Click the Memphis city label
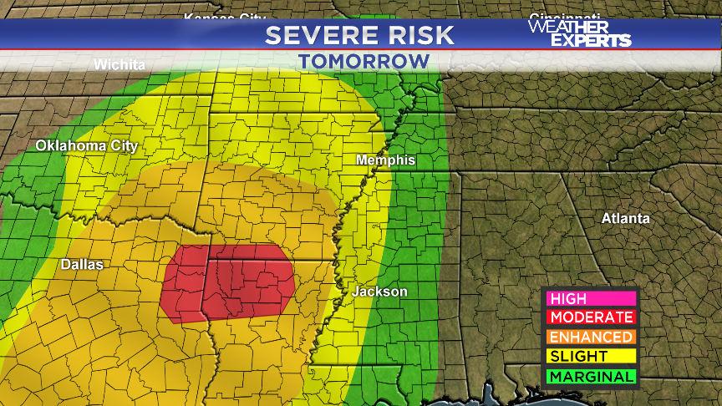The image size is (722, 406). [385, 160]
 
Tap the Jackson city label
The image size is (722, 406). [379, 292]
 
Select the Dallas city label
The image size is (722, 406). [82, 264]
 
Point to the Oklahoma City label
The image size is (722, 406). [86, 146]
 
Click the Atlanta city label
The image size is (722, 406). [626, 218]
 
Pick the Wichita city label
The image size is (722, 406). [119, 65]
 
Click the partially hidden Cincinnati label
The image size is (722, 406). [565, 17]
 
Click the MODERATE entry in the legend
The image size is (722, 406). [591, 317]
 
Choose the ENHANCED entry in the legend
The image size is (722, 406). [591, 337]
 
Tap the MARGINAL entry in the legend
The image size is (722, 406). [591, 377]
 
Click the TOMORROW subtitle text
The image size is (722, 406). [364, 61]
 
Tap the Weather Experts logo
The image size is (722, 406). [579, 33]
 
